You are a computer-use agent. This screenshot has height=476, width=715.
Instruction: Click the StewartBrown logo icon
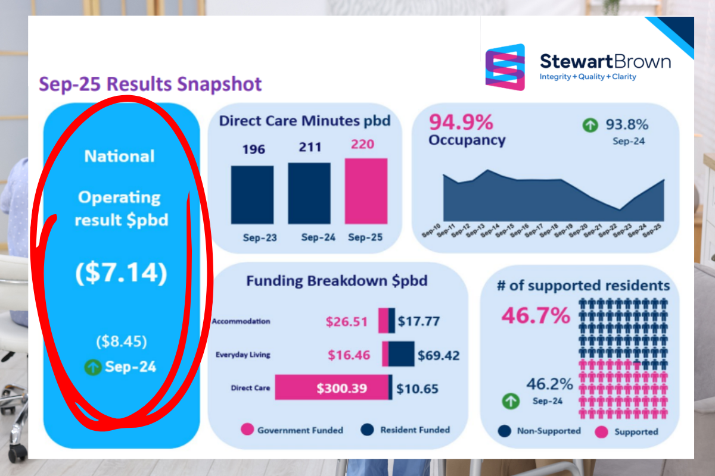coord(505,67)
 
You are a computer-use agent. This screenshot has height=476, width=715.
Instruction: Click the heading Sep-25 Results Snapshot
coord(150,84)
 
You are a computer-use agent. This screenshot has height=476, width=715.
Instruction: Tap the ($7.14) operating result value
coord(121,273)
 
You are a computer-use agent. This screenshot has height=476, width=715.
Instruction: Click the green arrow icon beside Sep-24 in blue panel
coord(92,367)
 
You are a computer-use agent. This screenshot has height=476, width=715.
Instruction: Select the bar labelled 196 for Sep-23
coord(252,194)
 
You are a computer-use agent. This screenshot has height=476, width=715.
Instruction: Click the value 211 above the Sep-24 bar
coord(309,147)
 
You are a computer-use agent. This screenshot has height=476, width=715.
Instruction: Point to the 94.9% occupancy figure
coord(461,123)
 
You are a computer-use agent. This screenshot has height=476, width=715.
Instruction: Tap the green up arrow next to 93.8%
coord(590,126)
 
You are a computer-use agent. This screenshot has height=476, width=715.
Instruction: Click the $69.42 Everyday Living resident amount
coord(439,356)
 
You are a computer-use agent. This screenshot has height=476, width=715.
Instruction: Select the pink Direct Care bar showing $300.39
coord(331,389)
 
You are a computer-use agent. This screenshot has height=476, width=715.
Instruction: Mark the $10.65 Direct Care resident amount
coord(418,389)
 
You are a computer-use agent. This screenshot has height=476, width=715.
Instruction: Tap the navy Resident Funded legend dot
coord(367,430)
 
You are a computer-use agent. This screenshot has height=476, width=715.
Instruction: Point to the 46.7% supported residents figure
coord(536,315)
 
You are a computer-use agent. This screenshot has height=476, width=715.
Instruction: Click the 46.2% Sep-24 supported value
coord(549,384)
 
